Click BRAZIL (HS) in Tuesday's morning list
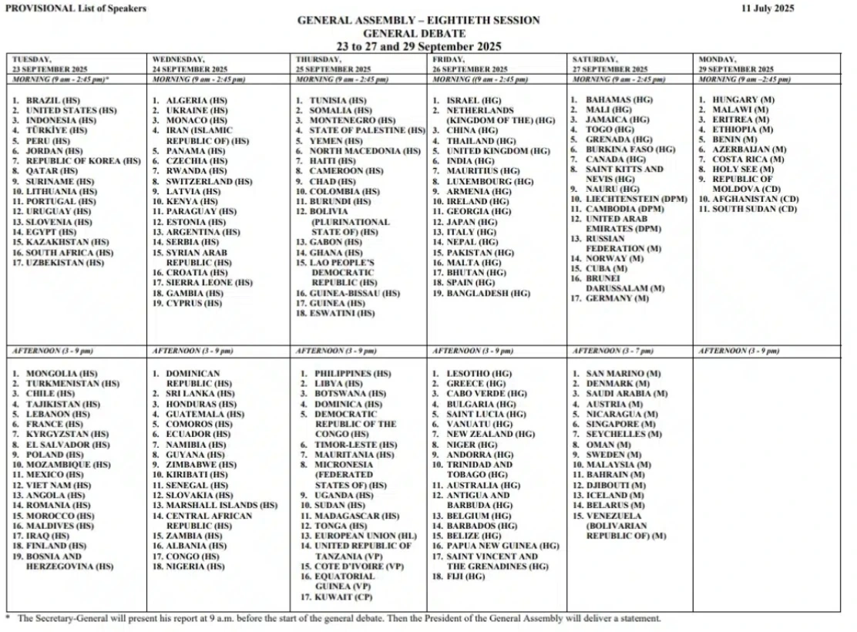(x=52, y=101)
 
